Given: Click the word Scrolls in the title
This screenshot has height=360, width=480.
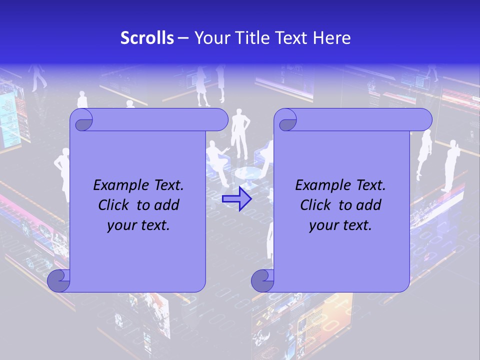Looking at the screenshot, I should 147,38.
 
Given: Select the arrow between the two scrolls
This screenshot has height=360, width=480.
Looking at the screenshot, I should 236,199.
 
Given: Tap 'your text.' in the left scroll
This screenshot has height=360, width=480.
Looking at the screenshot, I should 138,225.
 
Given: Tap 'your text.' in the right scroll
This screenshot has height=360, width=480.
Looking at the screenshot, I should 340,225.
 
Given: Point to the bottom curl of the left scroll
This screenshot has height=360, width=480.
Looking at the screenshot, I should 58,280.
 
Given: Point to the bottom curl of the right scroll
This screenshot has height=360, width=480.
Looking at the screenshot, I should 262,280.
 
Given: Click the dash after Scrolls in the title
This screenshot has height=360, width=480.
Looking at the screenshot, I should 183,38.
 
